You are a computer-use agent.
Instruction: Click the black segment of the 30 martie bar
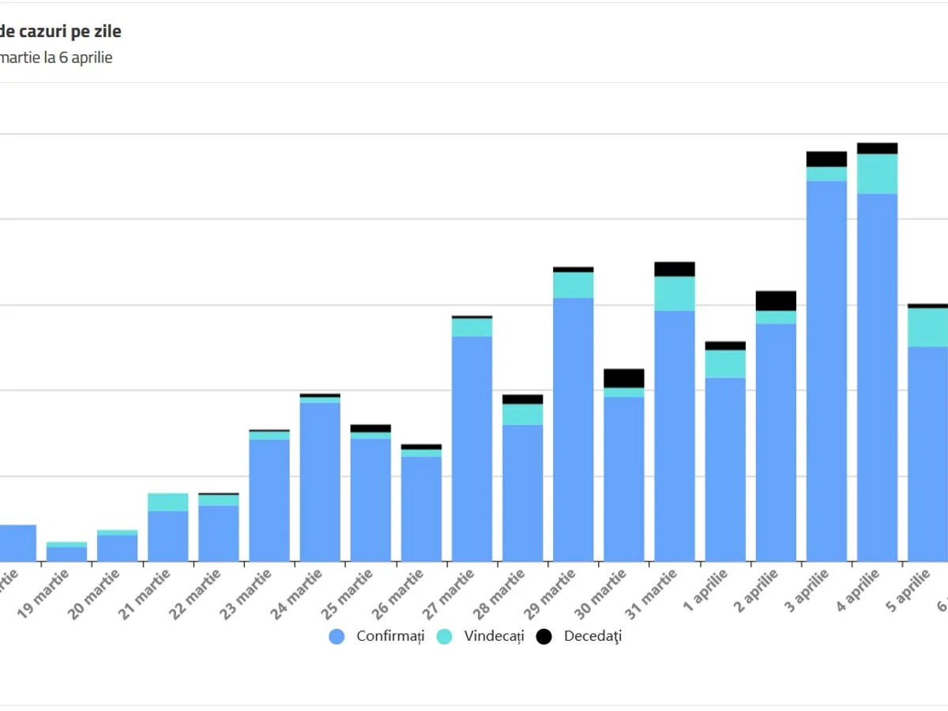tap(624, 378)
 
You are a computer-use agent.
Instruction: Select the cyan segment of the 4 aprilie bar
tap(877, 174)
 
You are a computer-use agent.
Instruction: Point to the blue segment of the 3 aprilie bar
tap(826, 371)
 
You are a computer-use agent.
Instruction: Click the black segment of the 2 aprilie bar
tap(776, 301)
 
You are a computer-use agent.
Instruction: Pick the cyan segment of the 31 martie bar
tap(675, 293)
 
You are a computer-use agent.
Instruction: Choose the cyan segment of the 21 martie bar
tap(168, 502)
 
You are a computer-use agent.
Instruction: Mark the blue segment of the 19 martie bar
tap(66, 554)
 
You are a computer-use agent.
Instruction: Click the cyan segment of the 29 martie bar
tap(574, 284)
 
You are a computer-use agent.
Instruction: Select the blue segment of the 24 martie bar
tap(320, 482)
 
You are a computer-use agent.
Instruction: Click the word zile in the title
tap(105, 32)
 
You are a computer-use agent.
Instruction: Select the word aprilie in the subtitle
tap(90, 58)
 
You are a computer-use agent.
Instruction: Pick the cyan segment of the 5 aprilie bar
tap(927, 327)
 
